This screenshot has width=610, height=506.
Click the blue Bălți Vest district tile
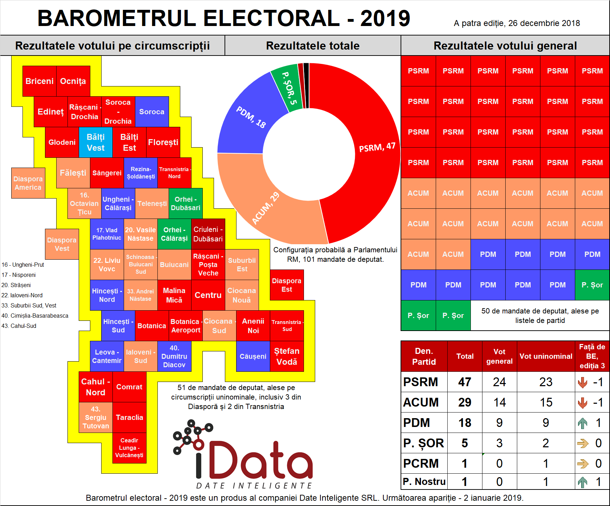tap(96, 142)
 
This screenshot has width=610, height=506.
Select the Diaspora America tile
tap(28, 183)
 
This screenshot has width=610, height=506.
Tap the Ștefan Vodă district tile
tap(287, 356)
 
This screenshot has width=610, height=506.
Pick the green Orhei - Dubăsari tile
tap(186, 203)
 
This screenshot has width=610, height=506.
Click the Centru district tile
tap(208, 295)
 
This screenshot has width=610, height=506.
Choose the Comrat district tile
tap(129, 387)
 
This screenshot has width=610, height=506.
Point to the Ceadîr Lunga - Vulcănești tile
tap(129, 448)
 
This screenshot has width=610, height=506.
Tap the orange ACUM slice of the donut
tap(267, 207)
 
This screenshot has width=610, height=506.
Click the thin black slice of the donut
tap(306, 85)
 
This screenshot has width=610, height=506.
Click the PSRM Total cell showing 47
tap(465, 382)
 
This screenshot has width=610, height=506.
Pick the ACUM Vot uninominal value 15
tap(546, 402)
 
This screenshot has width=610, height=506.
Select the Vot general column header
tap(499, 356)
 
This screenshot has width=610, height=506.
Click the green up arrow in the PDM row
tap(583, 423)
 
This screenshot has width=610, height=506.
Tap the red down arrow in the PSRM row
tap(583, 382)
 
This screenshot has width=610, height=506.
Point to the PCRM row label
tap(421, 463)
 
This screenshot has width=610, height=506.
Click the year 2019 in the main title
tap(385, 18)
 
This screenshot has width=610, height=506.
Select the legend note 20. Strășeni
tap(16, 285)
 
